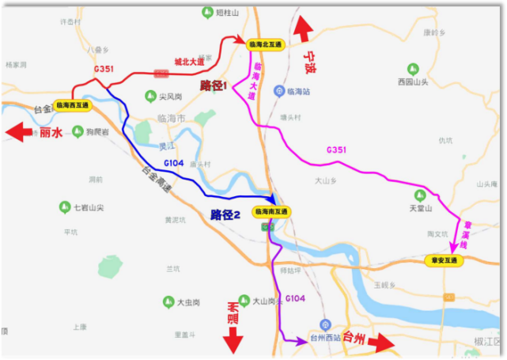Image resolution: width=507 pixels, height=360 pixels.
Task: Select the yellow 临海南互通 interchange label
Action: [x=271, y=211]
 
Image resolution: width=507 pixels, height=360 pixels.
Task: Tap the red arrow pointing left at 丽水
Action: [x=20, y=132]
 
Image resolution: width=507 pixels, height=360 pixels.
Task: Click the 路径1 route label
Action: [x=213, y=85]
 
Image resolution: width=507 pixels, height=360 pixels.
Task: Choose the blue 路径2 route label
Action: [x=225, y=214]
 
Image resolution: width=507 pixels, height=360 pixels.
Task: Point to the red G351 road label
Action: [x=104, y=69]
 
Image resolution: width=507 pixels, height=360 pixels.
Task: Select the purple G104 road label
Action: [x=295, y=297]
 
